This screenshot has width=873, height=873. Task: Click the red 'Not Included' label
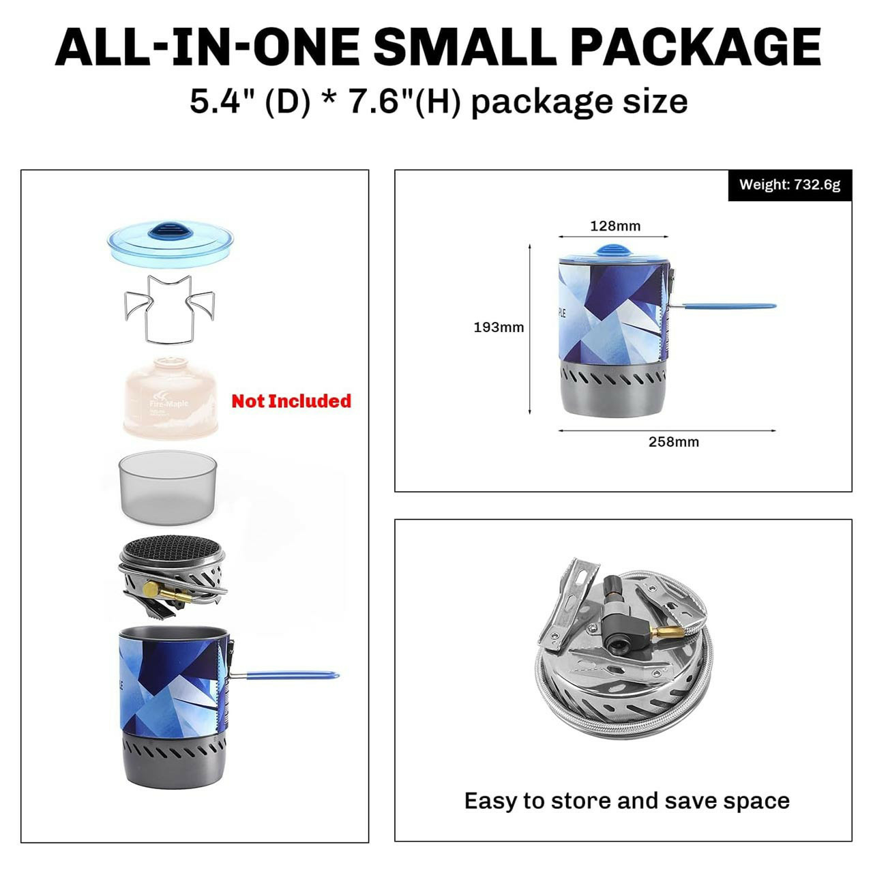(x=291, y=401)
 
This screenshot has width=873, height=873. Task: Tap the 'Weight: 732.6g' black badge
(x=790, y=185)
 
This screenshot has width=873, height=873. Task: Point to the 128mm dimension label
(x=615, y=226)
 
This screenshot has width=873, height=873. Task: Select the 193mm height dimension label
(x=499, y=327)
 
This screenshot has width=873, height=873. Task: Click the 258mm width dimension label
(x=674, y=442)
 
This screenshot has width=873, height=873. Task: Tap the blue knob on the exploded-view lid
(x=171, y=231)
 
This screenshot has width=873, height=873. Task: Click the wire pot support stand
(x=169, y=310)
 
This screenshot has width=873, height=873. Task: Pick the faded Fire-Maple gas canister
(x=171, y=398)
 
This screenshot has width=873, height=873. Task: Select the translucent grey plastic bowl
(x=168, y=487)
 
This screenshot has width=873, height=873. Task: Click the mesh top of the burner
(x=171, y=549)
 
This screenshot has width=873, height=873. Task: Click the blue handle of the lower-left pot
(x=291, y=675)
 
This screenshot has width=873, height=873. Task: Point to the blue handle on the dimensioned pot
(x=729, y=306)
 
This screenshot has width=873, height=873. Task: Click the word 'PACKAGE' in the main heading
(x=698, y=47)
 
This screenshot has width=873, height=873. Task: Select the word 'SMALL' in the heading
(x=464, y=47)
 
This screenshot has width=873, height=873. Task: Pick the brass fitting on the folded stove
(x=664, y=632)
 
